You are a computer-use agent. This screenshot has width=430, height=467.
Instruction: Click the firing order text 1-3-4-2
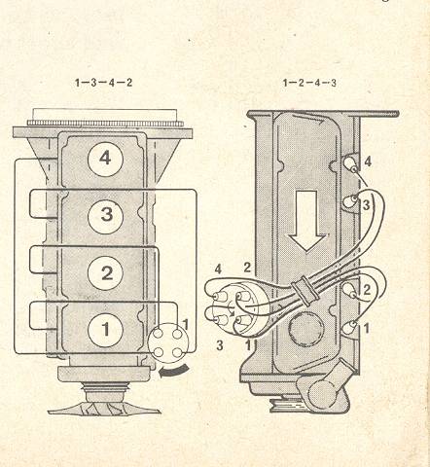[103, 83]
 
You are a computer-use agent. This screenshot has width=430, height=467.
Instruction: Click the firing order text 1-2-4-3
[309, 83]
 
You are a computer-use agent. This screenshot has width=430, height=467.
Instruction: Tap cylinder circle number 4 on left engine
[105, 160]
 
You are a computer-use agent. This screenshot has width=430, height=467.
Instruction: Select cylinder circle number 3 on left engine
[105, 215]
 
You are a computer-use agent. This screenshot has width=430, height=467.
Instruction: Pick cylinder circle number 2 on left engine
[105, 272]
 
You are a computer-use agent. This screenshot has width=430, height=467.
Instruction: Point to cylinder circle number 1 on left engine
[105, 330]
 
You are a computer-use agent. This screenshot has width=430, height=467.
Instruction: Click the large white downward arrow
[306, 221]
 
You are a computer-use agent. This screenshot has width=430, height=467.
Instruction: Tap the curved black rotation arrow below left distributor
[173, 372]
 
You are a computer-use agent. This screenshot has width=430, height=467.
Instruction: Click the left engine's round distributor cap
[167, 343]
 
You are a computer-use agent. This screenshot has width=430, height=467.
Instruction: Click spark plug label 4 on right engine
[368, 162]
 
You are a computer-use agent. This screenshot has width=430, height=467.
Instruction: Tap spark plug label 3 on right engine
[366, 205]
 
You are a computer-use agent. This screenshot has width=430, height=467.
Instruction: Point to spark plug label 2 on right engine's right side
[367, 290]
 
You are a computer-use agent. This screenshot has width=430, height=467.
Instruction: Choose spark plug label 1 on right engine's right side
[367, 329]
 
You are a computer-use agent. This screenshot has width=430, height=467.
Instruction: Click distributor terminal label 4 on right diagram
[218, 269]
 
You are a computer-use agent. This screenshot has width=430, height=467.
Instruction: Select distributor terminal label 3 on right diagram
[220, 345]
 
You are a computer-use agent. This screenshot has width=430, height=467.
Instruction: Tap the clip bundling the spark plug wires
[305, 291]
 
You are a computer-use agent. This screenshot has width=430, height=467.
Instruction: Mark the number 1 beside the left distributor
[186, 325]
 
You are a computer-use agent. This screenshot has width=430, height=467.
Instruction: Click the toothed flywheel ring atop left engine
[105, 124]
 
